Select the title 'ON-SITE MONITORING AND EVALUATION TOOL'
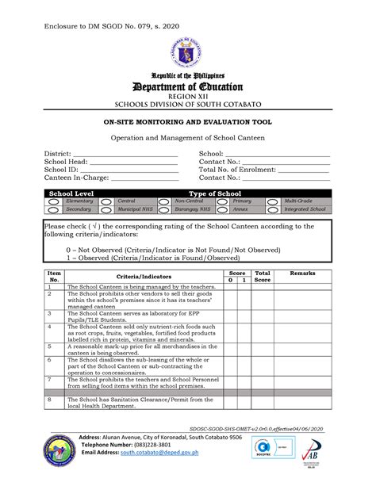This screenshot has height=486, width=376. pos(188,124)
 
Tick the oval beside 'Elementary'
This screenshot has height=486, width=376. pos(53,202)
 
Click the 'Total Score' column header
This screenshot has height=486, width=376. pos(263,276)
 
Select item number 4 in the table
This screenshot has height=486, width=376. pos(49,326)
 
